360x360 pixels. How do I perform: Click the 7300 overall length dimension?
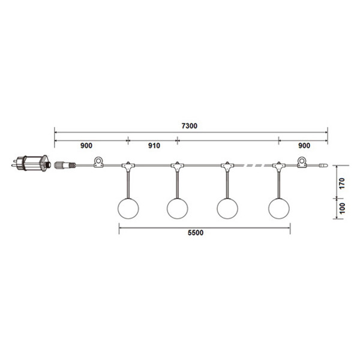191,127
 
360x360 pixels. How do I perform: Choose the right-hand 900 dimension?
303,146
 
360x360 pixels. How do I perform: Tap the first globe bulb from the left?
127,208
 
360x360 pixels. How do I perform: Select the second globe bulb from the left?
177,208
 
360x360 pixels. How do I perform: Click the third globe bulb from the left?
227,208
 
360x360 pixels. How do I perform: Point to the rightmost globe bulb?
278,208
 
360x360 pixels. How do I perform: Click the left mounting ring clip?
98,161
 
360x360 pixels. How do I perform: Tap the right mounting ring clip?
302,161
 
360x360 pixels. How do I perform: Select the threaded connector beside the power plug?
62,163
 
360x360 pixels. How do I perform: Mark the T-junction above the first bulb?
127,166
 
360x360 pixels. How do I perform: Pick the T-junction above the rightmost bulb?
278,166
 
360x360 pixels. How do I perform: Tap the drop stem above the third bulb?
227,182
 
